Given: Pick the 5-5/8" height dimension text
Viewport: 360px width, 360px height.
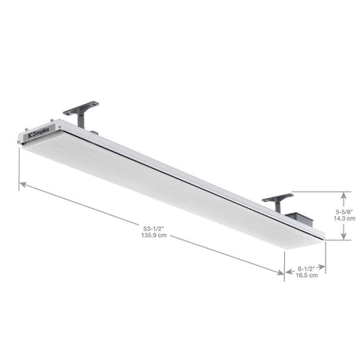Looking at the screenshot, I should pyautogui.click(x=345, y=211).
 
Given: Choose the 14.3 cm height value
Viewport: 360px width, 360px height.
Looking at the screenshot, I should pyautogui.click(x=345, y=219).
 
